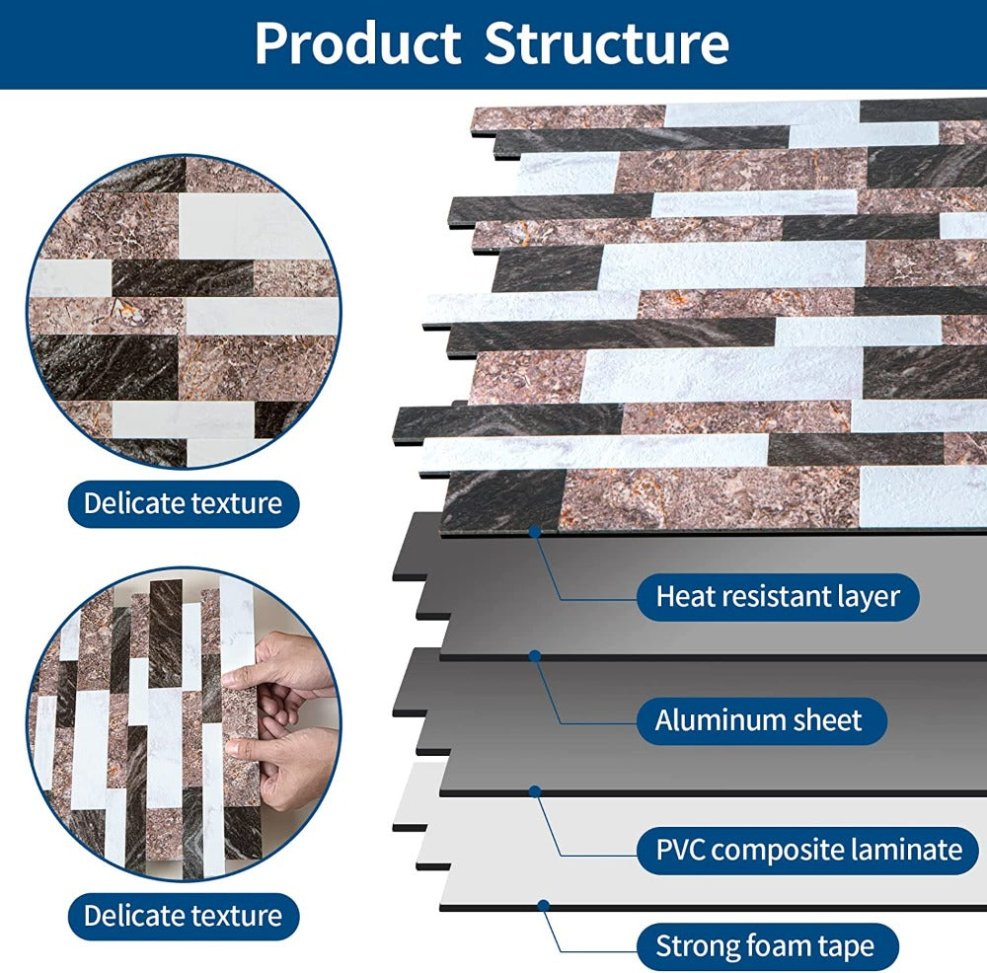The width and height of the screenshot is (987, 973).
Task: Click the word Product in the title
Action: (x=357, y=43)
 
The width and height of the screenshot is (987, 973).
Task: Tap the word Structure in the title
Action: (x=607, y=43)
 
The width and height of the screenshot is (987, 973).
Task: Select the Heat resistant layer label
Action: (x=778, y=596)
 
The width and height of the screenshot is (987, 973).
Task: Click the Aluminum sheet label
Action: (x=758, y=720)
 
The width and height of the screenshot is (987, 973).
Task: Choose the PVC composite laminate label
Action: (x=808, y=849)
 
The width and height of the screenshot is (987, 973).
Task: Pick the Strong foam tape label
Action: (x=765, y=947)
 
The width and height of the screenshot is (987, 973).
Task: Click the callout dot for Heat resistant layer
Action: (x=534, y=531)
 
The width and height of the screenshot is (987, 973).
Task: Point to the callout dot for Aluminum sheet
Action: (x=534, y=654)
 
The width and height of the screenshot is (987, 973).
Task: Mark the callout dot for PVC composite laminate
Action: (x=534, y=790)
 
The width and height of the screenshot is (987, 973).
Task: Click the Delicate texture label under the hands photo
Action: (x=183, y=915)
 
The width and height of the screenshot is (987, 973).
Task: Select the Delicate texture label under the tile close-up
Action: (x=183, y=503)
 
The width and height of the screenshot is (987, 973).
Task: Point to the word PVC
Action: (x=680, y=849)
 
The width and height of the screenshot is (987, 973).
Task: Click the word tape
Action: (x=847, y=947)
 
